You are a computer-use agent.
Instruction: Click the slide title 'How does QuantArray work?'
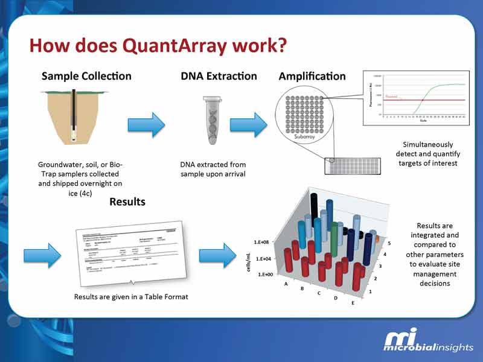[x=158, y=45]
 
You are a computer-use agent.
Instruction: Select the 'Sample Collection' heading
[x=86, y=76]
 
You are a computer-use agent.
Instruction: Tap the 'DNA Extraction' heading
[x=219, y=76]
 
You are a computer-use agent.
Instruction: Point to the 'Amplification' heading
[x=312, y=77]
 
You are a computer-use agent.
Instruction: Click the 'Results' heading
[x=127, y=202]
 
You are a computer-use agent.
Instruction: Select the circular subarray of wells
[x=305, y=115]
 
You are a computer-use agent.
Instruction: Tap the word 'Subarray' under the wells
[x=305, y=137]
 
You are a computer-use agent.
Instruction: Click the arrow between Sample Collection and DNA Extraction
[x=146, y=125]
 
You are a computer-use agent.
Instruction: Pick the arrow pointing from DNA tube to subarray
[x=249, y=125]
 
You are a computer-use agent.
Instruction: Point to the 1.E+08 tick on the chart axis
[x=269, y=241]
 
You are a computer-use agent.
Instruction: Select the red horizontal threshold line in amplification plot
[x=423, y=100]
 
